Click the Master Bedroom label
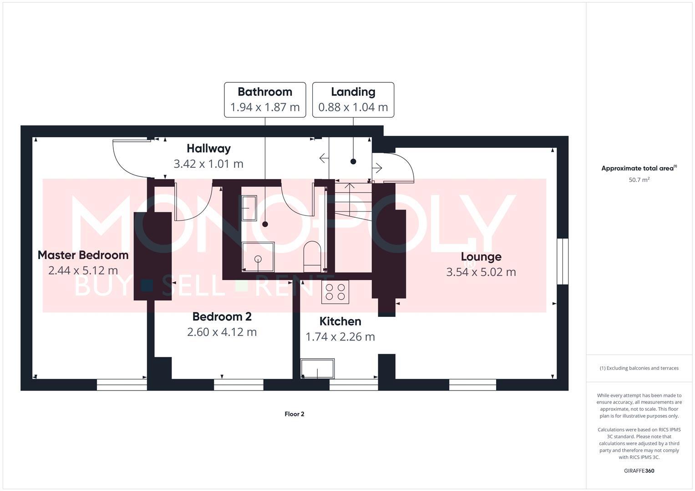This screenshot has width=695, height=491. click(83, 255)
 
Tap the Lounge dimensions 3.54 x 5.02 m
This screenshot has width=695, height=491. click(481, 272)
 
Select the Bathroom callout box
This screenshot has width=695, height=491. click(265, 100)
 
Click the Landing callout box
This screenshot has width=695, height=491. click(353, 100)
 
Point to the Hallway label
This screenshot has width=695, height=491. click(208, 149)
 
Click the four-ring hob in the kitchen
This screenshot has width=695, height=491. click(335, 292)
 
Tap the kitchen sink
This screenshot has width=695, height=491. click(317, 368)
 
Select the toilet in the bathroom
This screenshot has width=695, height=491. click(312, 253)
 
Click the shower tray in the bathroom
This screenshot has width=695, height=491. click(258, 258)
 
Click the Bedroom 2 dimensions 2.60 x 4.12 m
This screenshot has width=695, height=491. click(222, 332)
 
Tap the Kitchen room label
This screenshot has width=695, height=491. click(340, 321)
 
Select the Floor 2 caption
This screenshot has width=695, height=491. click(294, 414)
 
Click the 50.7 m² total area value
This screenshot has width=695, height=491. click(639, 180)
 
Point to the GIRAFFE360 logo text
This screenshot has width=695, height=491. click(639, 471)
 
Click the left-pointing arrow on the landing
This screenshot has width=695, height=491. click(324, 158)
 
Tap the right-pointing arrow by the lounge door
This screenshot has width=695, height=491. click(377, 168)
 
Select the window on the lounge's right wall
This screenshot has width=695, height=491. click(563, 261)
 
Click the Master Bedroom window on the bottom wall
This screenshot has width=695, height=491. click(122, 385)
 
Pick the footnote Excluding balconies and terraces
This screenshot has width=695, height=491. click(639, 368)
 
